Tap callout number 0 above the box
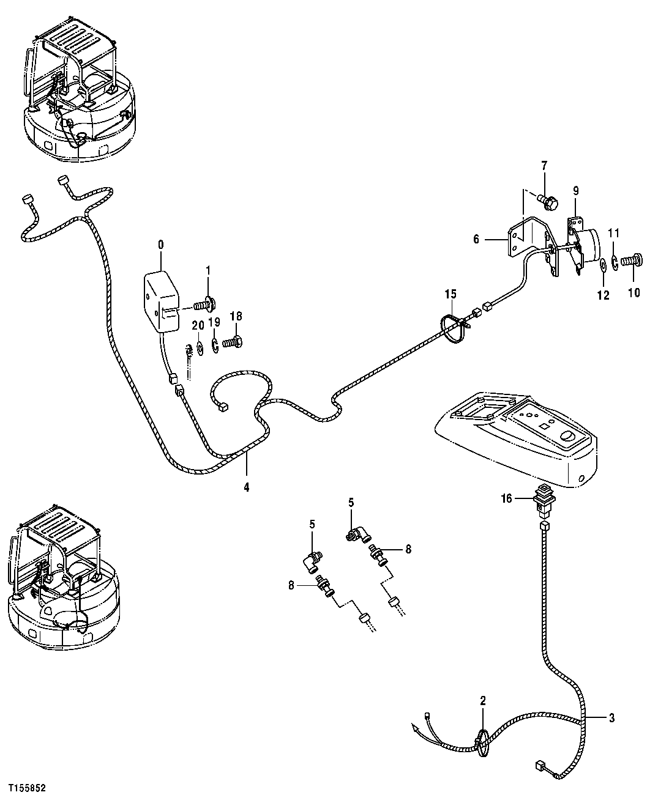coord(160,245)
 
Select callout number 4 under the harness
coord(247,488)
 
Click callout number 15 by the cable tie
coord(451,295)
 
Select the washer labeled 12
coord(604,265)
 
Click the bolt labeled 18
coord(232,343)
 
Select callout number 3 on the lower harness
coord(611,718)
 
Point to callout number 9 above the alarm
coord(575,191)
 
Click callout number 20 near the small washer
coord(198,327)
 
